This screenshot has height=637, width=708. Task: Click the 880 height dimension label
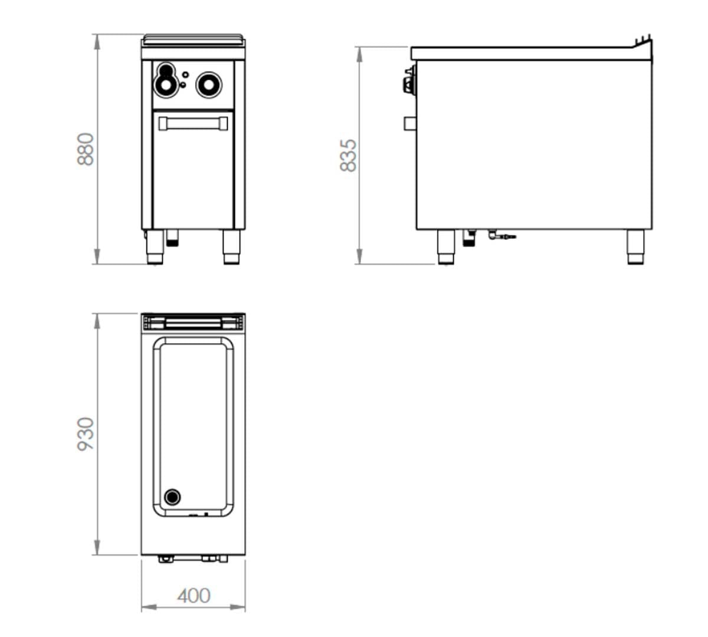[x=86, y=149]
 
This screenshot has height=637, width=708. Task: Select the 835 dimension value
[x=348, y=155]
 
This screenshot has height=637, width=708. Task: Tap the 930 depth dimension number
[x=86, y=434]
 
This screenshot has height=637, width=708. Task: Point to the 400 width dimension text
[x=194, y=596]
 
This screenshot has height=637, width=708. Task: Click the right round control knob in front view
[x=209, y=85]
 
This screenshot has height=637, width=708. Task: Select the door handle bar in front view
[x=193, y=124]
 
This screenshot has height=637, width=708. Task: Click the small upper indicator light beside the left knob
[x=185, y=74]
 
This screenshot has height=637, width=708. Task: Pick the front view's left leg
[x=155, y=247]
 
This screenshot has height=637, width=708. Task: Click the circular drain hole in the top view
[x=172, y=497]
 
